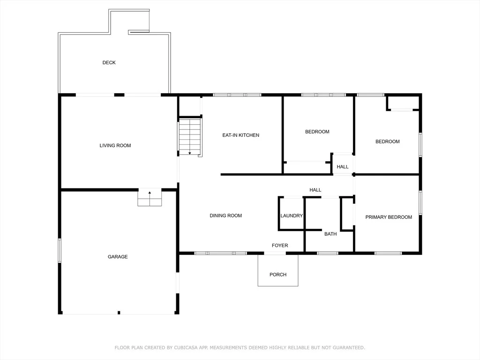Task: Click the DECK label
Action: [109, 62]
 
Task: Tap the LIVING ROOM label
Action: [115, 145]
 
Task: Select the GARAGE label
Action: [118, 256]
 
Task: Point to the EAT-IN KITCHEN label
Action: [240, 135]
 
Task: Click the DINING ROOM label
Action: [225, 216]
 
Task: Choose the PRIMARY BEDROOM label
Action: [389, 217]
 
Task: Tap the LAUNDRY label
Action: [292, 216]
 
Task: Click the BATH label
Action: [330, 234]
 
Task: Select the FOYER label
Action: [280, 246]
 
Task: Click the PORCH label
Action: [278, 275]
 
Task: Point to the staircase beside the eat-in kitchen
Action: [190, 136]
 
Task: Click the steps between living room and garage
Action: [150, 198]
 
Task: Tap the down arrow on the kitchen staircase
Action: [190, 153]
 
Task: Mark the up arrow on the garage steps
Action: [150, 193]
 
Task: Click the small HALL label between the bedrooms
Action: [342, 166]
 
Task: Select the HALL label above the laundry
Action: [315, 190]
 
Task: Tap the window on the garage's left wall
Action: [60, 250]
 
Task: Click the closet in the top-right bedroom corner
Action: [403, 103]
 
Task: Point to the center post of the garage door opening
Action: [119, 313]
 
